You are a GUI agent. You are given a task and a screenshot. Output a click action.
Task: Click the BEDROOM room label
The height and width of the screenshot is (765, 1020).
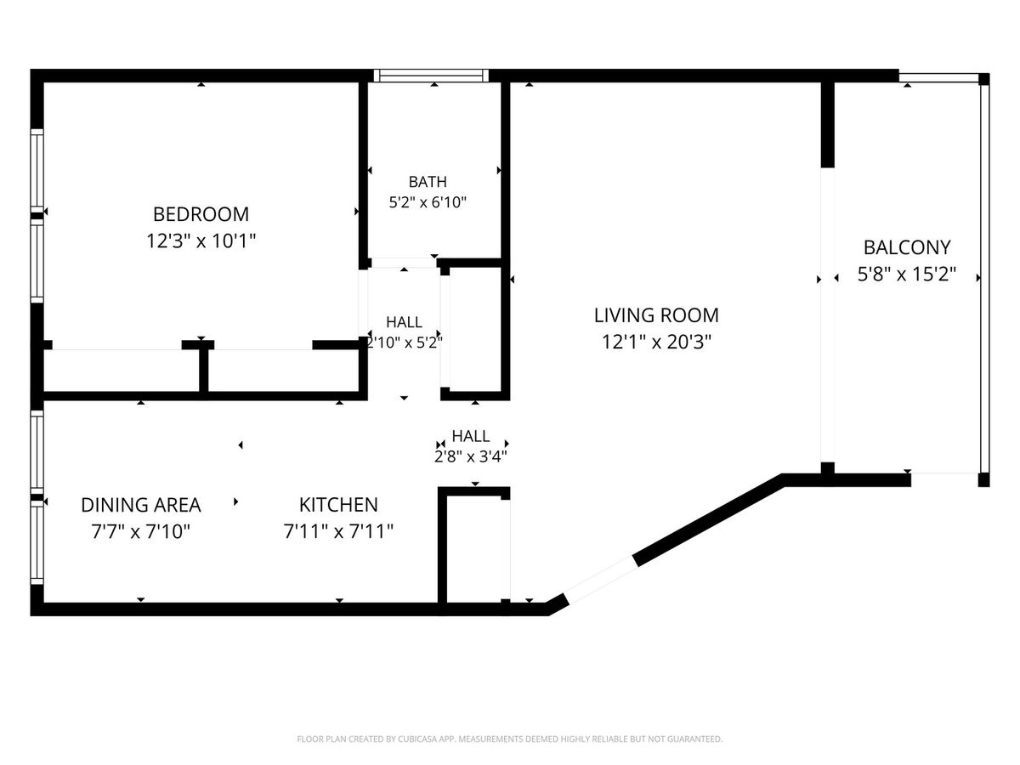coord(201,214)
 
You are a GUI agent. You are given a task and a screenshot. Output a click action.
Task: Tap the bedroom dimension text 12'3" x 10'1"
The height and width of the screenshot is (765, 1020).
coord(201,241)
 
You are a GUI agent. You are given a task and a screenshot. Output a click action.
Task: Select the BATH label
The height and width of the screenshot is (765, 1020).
coord(428,182)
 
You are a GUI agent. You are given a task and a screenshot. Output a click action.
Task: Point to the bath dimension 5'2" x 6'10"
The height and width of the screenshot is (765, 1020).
coord(428,202)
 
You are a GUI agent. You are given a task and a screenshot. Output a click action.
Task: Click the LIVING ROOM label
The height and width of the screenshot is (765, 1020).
coord(656,315)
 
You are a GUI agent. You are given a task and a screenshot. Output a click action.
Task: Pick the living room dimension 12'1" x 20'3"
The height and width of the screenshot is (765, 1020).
coord(656,343)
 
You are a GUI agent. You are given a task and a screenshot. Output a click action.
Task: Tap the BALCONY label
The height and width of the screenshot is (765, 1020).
coord(907,247)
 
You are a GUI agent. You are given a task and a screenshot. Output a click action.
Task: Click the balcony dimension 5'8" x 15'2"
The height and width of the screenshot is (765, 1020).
coord(907,274)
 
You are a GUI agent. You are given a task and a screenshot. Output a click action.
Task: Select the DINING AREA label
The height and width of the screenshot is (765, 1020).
coord(141,505)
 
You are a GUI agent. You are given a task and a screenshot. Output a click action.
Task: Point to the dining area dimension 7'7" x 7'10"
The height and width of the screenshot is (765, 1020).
coord(141,531)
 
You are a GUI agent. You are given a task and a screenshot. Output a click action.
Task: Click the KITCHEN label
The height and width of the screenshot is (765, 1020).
coord(338,505)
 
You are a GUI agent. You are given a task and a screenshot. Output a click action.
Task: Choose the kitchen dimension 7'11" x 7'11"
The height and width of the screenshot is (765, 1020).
coord(338,531)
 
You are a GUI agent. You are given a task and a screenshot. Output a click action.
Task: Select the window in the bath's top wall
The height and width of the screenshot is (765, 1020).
coord(431,76)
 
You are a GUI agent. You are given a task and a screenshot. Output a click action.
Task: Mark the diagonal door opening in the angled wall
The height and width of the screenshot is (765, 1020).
coord(601,581)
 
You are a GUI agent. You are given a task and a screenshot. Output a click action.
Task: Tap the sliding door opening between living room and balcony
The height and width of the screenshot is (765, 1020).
coord(827,314)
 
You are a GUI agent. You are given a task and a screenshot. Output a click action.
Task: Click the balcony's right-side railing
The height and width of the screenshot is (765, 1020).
coord(984,279)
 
